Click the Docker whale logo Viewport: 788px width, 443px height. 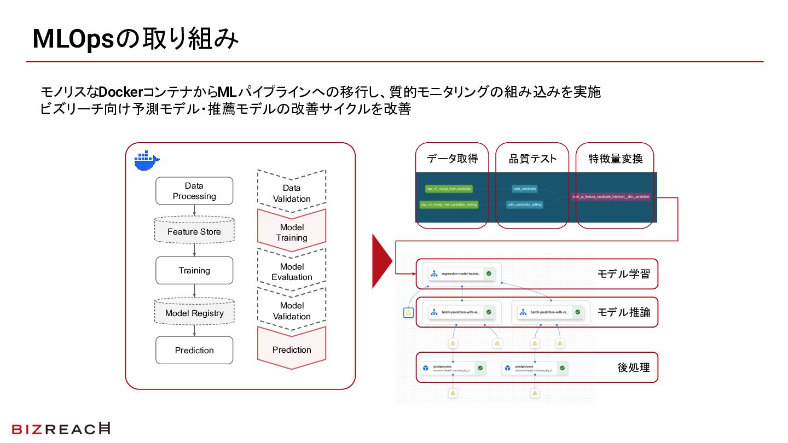click(x=146, y=160)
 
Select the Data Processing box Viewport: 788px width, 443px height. click(x=194, y=191)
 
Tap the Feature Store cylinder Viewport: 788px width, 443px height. click(x=194, y=231)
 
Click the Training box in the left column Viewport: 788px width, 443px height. click(x=194, y=270)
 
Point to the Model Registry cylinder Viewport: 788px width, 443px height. click(x=194, y=313)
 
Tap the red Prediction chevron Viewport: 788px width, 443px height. click(x=292, y=349)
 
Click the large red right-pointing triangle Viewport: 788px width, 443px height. click(x=382, y=261)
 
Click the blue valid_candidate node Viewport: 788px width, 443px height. click(x=525, y=189)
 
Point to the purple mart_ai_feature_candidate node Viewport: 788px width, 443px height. click(x=611, y=196)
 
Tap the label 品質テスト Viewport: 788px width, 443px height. click(x=532, y=159)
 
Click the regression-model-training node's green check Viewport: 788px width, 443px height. click(x=489, y=273)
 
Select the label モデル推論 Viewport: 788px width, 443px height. click(x=624, y=312)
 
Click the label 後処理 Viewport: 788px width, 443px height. click(x=634, y=367)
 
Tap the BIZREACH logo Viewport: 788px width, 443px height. click(x=61, y=429)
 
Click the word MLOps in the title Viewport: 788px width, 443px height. click(x=73, y=39)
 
